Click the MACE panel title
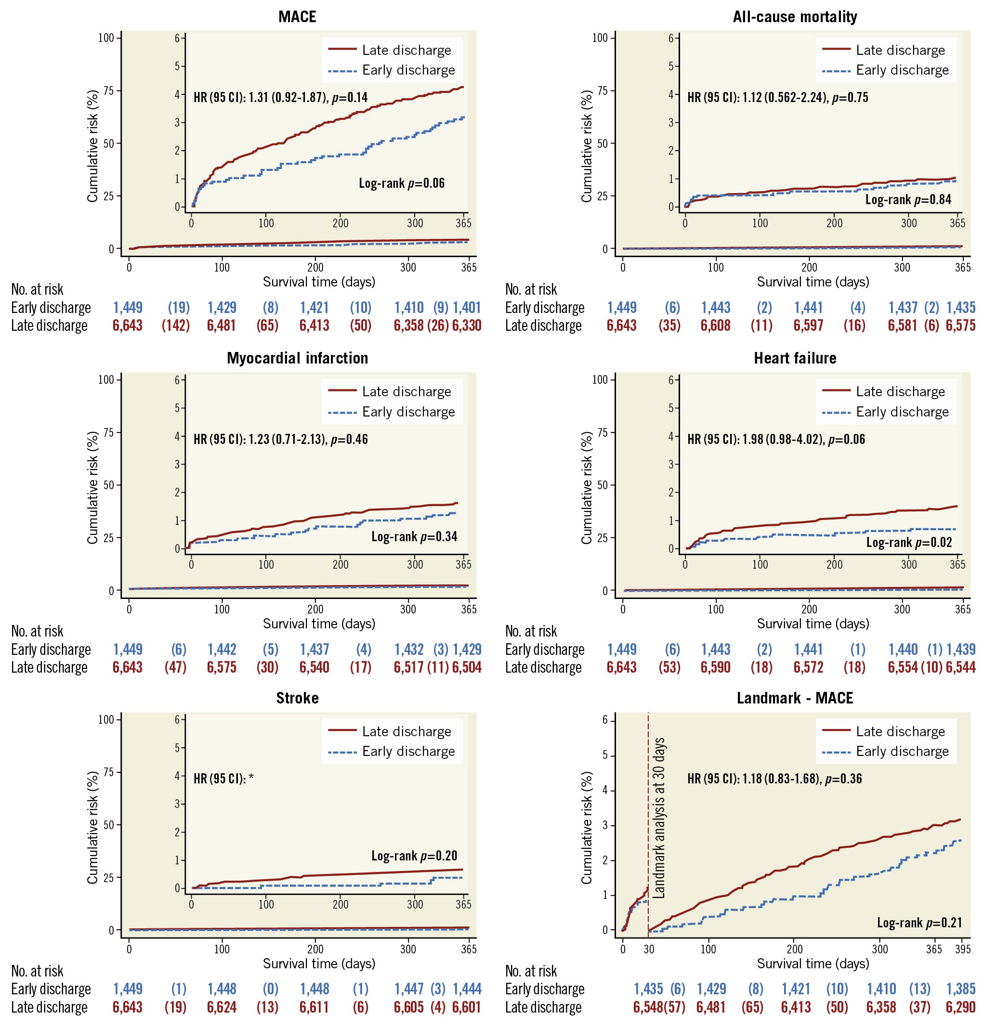click(297, 17)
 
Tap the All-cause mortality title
click(795, 17)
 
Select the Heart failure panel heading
click(795, 358)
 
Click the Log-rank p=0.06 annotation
click(402, 183)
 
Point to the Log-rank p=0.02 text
click(909, 542)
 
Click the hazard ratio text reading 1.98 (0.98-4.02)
click(775, 439)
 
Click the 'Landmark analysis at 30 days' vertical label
click(659, 818)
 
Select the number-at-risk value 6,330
click(467, 325)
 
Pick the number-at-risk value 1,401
click(467, 307)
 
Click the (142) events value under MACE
click(175, 325)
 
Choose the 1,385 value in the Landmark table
click(960, 989)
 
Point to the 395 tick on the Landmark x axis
click(962, 949)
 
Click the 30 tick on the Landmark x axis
click(649, 949)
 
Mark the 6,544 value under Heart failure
click(960, 667)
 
